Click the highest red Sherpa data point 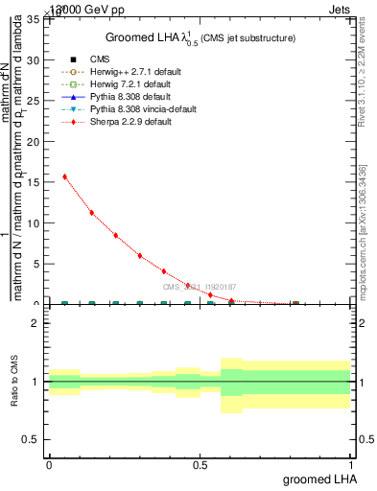click(64, 176)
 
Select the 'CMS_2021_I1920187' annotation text click(199, 287)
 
